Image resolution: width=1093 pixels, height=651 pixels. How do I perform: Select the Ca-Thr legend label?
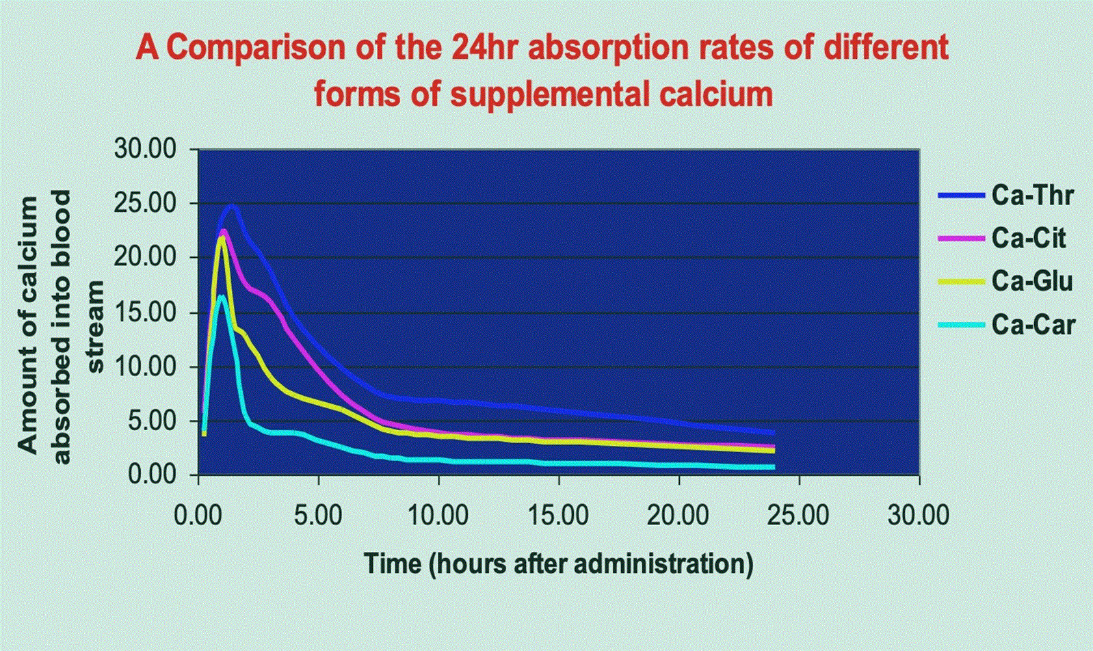(1033, 196)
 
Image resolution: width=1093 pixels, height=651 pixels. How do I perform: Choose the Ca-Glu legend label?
(1032, 281)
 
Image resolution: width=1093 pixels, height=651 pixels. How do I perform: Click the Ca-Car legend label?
(1033, 324)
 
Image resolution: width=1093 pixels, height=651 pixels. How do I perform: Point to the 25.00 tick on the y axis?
(146, 204)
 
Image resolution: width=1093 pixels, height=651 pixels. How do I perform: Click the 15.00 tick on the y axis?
(146, 313)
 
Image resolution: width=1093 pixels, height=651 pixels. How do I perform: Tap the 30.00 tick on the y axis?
(146, 150)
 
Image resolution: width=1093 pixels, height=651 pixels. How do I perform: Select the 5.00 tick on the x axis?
(319, 514)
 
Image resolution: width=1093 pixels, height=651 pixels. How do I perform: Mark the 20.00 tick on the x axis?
(679, 514)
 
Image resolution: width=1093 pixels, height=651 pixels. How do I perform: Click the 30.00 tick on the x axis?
(919, 514)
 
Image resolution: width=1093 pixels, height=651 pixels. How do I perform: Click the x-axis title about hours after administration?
(558, 564)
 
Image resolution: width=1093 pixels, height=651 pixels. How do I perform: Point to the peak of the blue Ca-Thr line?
(232, 205)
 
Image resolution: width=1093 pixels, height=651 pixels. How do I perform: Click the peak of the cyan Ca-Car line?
(222, 296)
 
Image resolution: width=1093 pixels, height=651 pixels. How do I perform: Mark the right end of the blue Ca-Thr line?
(774, 432)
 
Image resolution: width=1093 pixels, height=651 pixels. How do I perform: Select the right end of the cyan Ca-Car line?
(774, 467)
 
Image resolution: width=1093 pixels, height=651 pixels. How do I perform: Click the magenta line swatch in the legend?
(962, 238)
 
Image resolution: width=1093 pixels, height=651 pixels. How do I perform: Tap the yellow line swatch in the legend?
(962, 281)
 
